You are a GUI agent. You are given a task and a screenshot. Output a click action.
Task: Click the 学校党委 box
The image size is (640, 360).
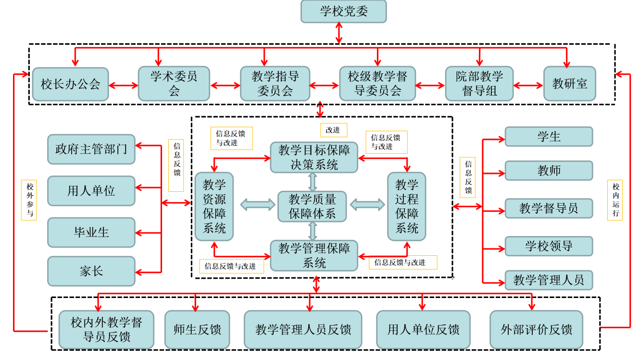343,12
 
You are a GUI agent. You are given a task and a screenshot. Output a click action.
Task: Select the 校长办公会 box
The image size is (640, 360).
70,84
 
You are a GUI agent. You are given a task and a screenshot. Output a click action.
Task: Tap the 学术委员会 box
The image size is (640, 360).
174,84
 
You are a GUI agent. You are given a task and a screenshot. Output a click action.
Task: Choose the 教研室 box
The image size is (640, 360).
569,84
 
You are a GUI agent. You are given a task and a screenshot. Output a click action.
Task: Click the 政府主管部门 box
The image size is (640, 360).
91,149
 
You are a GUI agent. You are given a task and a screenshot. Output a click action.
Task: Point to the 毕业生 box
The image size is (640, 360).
91,232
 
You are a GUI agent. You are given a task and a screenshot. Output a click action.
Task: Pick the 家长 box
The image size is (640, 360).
91,271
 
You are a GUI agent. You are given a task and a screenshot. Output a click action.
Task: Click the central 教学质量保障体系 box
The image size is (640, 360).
312,206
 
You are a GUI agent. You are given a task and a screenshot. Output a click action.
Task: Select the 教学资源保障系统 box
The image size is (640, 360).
214,206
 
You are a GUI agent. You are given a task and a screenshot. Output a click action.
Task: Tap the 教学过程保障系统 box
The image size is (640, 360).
406,206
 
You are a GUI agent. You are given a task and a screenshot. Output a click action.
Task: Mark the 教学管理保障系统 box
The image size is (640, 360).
314,255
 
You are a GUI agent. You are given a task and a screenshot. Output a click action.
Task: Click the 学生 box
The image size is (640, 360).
549,137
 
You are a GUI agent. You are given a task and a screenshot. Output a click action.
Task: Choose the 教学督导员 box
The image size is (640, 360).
549,208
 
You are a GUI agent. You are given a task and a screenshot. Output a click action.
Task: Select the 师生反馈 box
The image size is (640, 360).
197,330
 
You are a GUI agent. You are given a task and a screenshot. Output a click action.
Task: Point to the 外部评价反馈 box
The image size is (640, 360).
536,330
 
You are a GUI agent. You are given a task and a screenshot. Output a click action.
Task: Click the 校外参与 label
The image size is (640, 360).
29,200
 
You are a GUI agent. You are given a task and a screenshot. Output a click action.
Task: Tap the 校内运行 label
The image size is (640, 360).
615,200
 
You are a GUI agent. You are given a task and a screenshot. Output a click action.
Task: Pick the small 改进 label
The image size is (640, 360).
333,130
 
